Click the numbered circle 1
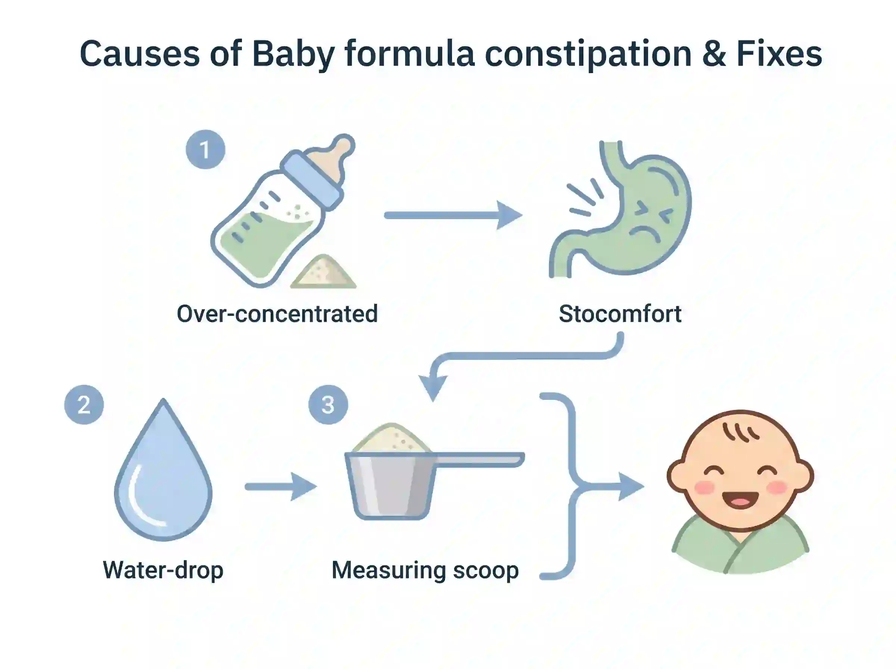205,149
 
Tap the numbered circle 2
84,404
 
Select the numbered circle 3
328,404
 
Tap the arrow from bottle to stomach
453,215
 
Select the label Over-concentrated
277,314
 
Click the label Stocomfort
620,314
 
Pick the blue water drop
163,469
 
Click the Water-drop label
163,570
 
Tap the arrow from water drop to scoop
281,486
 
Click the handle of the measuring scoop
480,459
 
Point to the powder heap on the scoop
391,438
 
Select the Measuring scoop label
425,570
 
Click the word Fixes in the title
779,53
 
